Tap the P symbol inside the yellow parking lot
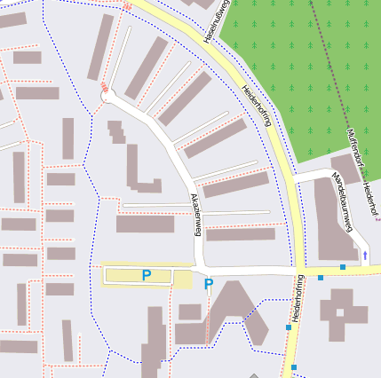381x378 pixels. tap(147, 276)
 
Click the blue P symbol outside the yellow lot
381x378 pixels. tap(209, 285)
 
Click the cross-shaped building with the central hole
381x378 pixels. tap(344, 314)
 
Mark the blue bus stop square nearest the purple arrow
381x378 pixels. tap(343, 266)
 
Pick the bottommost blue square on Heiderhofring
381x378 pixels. tap(294, 366)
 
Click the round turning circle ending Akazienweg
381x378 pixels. tap(107, 97)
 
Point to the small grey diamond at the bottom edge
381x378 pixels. tap(254, 375)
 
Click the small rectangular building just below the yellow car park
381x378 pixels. tap(190, 311)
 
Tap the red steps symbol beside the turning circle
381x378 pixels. tap(105, 86)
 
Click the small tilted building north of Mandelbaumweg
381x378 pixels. tap(345, 168)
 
